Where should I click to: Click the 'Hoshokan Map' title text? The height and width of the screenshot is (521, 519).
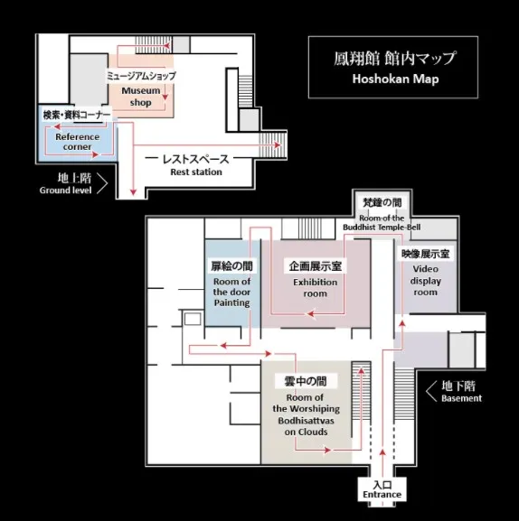point(395,79)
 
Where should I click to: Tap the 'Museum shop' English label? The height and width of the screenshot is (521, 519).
point(141,97)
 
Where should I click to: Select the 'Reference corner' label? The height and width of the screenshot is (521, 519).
point(77,142)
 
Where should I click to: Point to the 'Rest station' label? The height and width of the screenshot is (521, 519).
point(196,172)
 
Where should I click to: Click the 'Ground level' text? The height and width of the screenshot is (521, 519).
point(65,191)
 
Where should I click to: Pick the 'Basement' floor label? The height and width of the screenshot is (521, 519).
point(461,398)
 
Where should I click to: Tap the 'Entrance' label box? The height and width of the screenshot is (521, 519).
point(382,489)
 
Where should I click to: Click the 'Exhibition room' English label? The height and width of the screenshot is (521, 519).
point(315,288)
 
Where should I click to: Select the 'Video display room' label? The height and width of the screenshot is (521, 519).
point(426,281)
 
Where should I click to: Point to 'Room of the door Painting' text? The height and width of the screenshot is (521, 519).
point(231,292)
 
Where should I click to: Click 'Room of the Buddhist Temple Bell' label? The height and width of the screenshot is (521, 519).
point(382,223)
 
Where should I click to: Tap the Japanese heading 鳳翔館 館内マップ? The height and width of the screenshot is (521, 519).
point(394,58)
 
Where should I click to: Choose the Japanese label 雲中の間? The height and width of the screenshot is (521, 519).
point(306,381)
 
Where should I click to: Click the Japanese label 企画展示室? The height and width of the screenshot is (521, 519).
point(315,265)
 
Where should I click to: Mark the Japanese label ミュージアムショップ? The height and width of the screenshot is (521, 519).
point(141,76)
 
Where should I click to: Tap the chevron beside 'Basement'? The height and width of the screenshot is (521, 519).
point(431,391)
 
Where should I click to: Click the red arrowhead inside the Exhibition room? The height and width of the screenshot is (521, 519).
point(311,313)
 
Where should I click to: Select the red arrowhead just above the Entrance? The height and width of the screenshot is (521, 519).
point(382,451)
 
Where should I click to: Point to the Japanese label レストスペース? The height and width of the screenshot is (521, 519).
point(195,159)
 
